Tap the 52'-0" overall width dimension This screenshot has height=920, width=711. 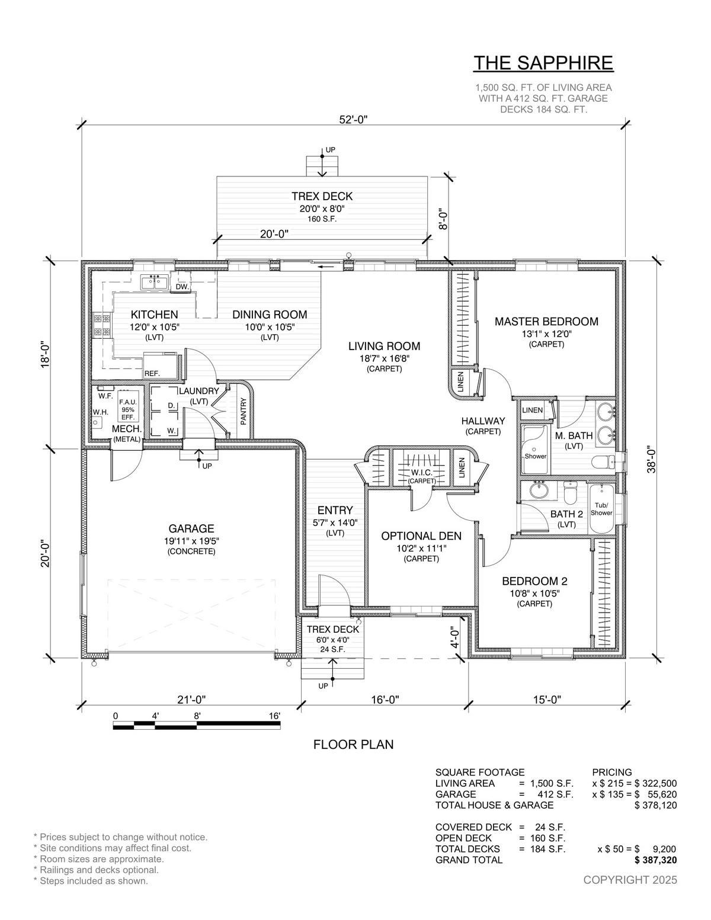pyautogui.click(x=354, y=120)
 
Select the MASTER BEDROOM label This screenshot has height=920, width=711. pyautogui.click(x=546, y=322)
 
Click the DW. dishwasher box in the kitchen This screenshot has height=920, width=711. pyautogui.click(x=182, y=287)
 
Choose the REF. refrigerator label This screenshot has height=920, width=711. pyautogui.click(x=152, y=374)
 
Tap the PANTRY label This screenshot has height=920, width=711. pyautogui.click(x=244, y=411)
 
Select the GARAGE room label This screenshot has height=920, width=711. pyautogui.click(x=191, y=528)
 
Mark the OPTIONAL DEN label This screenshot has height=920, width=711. pyautogui.click(x=421, y=536)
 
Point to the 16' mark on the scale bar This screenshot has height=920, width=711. pyautogui.click(x=274, y=716)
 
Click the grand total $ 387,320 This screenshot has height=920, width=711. pyautogui.click(x=655, y=860)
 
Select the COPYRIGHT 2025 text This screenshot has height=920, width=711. pyautogui.click(x=630, y=880)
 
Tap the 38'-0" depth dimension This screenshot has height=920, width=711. pyautogui.click(x=652, y=460)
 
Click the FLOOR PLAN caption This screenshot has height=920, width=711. pyautogui.click(x=353, y=745)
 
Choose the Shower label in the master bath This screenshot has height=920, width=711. pyautogui.click(x=535, y=456)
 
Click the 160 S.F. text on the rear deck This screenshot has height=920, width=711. pyautogui.click(x=322, y=219)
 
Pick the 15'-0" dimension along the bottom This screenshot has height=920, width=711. pyautogui.click(x=546, y=699)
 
